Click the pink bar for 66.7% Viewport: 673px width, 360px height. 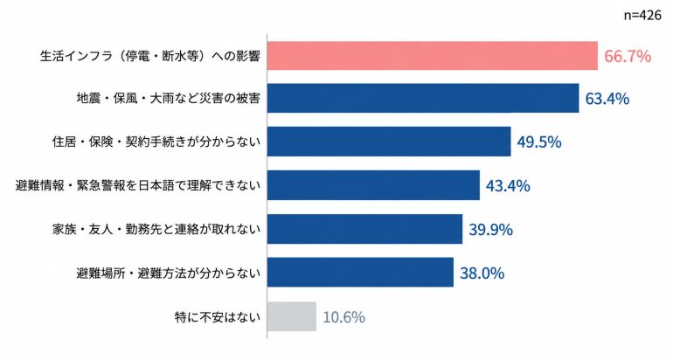(433, 56)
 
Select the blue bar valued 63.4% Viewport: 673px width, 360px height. (423, 98)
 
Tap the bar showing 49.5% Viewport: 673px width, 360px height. (389, 142)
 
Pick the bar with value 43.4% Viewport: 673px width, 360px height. (373, 185)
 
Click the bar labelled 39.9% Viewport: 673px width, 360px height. (364, 229)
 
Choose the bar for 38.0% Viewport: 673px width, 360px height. (360, 273)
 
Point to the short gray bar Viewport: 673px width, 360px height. (291, 316)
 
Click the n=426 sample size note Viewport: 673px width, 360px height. (642, 16)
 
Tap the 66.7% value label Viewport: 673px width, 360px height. (628, 56)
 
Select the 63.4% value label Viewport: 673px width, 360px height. (607, 99)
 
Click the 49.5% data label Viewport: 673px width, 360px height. (539, 142)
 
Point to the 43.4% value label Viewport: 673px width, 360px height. (508, 186)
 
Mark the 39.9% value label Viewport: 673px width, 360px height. (490, 230)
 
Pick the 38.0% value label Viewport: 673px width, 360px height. (482, 273)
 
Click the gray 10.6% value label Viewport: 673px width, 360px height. (343, 317)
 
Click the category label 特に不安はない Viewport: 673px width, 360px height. (218, 317)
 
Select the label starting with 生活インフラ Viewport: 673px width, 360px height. (150, 56)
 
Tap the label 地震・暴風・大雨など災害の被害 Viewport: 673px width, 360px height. (168, 99)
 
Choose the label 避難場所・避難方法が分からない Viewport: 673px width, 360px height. (168, 273)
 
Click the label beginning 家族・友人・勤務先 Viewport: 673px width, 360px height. (156, 229)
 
